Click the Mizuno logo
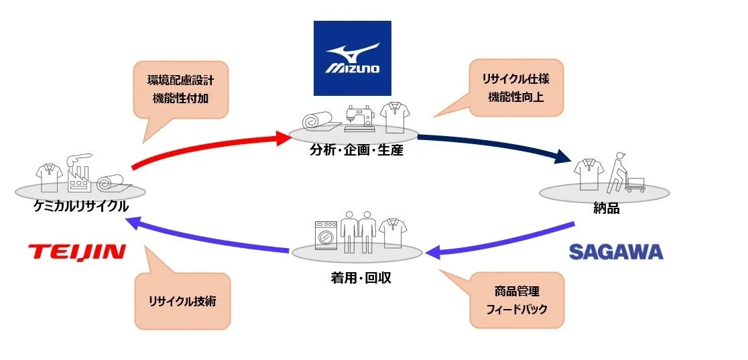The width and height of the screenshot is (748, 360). click(x=352, y=58)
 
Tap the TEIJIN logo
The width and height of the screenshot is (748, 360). click(x=77, y=252)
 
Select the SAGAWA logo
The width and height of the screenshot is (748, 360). click(x=615, y=252)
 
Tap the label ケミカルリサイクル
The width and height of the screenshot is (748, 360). click(x=81, y=206)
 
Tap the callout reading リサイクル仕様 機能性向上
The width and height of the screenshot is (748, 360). click(x=515, y=87)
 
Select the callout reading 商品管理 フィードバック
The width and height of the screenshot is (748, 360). click(x=515, y=300)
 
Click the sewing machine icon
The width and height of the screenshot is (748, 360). click(x=361, y=117)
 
